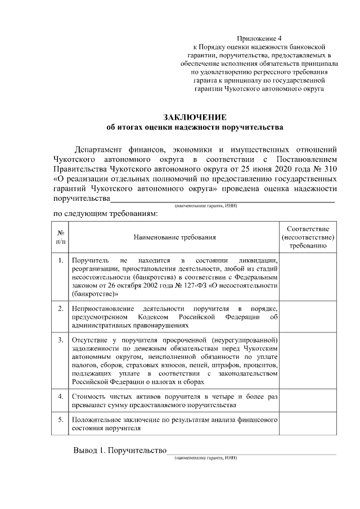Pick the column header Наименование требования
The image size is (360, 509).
pos(174,237)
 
